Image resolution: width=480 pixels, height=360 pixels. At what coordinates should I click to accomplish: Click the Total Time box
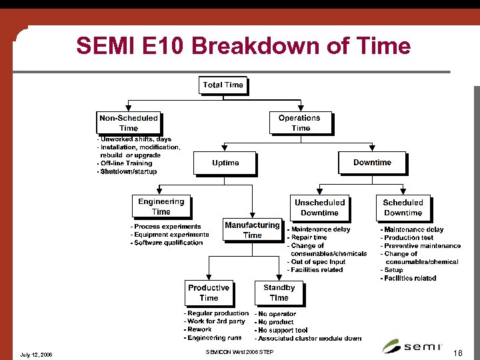pos(223,85)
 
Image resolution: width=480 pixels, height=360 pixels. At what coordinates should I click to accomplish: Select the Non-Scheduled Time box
pos(129,123)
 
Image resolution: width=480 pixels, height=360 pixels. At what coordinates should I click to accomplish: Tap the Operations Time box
pos(300,123)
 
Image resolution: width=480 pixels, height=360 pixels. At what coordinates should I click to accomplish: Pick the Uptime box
pos(225,163)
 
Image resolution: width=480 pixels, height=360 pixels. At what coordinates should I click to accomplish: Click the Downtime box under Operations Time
pos(372,163)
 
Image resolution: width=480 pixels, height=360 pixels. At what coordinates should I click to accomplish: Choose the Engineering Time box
pos(161,207)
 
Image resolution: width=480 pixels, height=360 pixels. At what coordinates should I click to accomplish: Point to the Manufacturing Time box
pos(252,230)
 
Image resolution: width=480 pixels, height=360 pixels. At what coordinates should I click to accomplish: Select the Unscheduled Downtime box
pos(319,207)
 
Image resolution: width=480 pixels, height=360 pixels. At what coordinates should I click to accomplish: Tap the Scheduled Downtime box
pos(403,207)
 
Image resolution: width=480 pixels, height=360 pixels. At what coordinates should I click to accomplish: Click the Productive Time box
pos(209,293)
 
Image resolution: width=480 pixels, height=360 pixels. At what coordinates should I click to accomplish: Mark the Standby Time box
pos(279,293)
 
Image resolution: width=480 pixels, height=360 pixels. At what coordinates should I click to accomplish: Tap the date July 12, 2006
pos(37,354)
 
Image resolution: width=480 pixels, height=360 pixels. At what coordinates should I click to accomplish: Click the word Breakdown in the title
pos(262,46)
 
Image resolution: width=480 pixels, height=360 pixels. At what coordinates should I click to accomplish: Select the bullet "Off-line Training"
pos(125,163)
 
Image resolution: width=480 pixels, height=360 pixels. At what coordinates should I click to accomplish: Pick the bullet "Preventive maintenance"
pos(421,245)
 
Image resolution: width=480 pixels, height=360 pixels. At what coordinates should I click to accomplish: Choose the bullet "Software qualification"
pos(167,243)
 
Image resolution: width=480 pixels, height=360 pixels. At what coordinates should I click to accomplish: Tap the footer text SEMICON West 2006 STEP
pos(239,351)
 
